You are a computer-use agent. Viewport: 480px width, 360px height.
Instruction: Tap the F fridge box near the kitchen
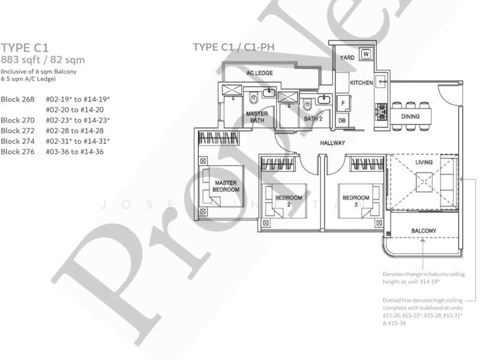click(x=343, y=102)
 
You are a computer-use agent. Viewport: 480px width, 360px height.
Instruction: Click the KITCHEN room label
click(x=361, y=83)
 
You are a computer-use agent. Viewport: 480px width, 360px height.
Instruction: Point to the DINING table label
click(x=410, y=116)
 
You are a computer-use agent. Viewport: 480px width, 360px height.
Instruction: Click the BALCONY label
click(x=423, y=231)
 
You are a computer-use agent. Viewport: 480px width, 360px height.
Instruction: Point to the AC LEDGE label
click(x=260, y=73)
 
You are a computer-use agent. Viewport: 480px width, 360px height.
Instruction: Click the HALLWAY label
click(x=332, y=143)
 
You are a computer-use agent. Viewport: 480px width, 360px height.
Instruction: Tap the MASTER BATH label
click(x=257, y=116)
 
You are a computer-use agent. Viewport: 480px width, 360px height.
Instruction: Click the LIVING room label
click(x=424, y=162)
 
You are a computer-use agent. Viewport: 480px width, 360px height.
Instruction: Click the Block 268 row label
click(x=18, y=98)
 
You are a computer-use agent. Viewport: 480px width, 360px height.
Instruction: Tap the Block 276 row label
click(x=18, y=152)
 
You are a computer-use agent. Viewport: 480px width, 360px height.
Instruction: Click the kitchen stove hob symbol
click(x=380, y=110)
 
